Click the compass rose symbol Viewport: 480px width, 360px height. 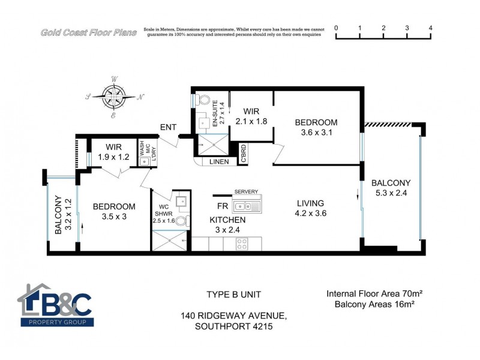click(x=115, y=96)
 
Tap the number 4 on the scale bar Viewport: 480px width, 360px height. click(x=431, y=28)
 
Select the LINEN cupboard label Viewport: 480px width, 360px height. click(x=215, y=162)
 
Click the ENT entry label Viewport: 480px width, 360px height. click(x=168, y=127)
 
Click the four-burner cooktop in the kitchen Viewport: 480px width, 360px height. click(x=243, y=244)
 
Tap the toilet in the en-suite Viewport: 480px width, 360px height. click(x=203, y=100)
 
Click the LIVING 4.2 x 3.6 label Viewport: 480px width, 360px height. click(x=310, y=208)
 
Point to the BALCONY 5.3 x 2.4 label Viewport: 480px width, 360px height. click(x=391, y=188)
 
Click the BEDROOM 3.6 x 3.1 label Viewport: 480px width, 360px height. click(x=316, y=127)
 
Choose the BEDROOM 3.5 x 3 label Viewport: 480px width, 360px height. click(x=114, y=211)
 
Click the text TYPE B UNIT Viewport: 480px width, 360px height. click(x=234, y=295)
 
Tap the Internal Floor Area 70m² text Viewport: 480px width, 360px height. click(x=374, y=294)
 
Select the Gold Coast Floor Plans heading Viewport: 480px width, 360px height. click(x=88, y=32)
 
